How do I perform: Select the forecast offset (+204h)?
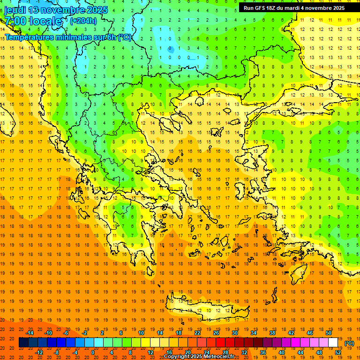tap(83, 21)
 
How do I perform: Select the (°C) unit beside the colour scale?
tap(349, 343)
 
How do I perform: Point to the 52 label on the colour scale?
tap(338, 352)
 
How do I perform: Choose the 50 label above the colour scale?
tap(329, 333)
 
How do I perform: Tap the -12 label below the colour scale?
tap(39, 352)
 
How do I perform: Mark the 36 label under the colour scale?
tap(263, 352)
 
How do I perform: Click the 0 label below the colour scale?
tap(92, 352)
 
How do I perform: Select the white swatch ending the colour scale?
tap(333, 343)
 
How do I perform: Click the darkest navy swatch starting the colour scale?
tap(23, 343)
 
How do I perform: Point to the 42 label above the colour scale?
tap(291, 333)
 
